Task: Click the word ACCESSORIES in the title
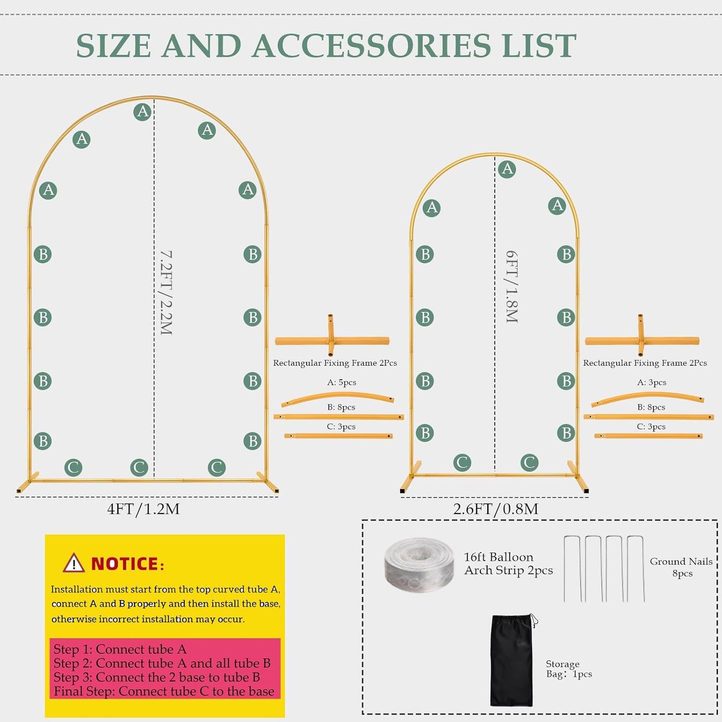[371, 45]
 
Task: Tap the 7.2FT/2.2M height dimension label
[166, 293]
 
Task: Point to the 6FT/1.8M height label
[512, 287]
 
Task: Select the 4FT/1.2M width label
[143, 509]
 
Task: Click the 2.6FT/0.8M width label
[496, 509]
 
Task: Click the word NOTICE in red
[125, 564]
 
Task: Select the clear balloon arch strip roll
[419, 565]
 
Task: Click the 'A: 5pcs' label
[341, 382]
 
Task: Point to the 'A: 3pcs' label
[652, 382]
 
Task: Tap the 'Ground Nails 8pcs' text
[681, 567]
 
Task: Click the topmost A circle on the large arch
[142, 111]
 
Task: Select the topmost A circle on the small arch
[507, 169]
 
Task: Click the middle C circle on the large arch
[139, 467]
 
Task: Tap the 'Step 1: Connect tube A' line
[120, 649]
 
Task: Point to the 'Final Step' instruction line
[164, 692]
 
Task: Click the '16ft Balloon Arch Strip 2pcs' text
[508, 564]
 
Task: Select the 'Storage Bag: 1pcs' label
[569, 669]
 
